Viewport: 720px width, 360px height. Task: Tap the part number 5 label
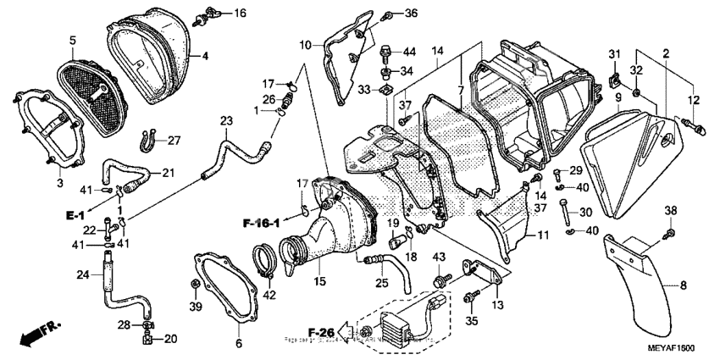click(73, 40)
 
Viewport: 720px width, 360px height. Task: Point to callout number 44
click(407, 52)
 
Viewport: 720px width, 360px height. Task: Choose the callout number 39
click(196, 305)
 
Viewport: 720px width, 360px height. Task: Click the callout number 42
click(270, 295)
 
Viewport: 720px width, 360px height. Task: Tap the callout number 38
click(670, 210)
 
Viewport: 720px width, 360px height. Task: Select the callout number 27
click(173, 140)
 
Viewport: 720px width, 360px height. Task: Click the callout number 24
click(83, 274)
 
